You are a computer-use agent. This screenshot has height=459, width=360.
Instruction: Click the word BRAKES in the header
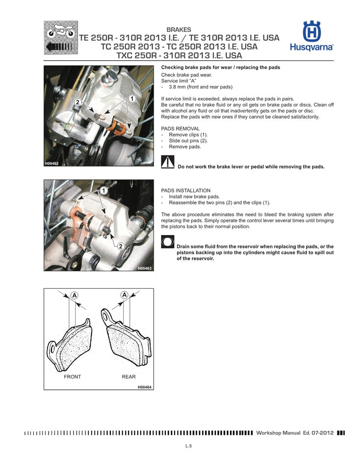tap(179, 30)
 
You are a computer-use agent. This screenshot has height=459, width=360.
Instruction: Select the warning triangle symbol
tap(168, 162)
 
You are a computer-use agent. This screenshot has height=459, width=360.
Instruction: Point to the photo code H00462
tap(51, 163)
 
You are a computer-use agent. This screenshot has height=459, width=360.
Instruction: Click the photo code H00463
tap(144, 268)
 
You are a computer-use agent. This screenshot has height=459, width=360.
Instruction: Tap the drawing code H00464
tap(144, 387)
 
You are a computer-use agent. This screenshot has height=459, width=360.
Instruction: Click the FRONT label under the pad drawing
tap(73, 377)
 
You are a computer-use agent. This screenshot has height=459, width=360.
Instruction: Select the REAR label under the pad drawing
tap(129, 377)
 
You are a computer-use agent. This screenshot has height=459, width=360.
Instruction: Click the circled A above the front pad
tap(74, 295)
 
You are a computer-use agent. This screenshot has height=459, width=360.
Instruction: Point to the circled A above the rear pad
tap(125, 295)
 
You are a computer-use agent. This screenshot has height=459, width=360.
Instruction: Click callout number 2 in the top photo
tap(77, 102)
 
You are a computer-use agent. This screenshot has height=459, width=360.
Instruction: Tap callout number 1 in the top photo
tap(131, 99)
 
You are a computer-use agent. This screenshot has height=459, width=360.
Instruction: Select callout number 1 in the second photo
tap(103, 190)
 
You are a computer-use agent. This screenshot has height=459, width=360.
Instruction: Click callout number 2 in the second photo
tap(120, 245)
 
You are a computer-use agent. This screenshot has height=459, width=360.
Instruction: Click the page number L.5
tap(188, 446)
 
